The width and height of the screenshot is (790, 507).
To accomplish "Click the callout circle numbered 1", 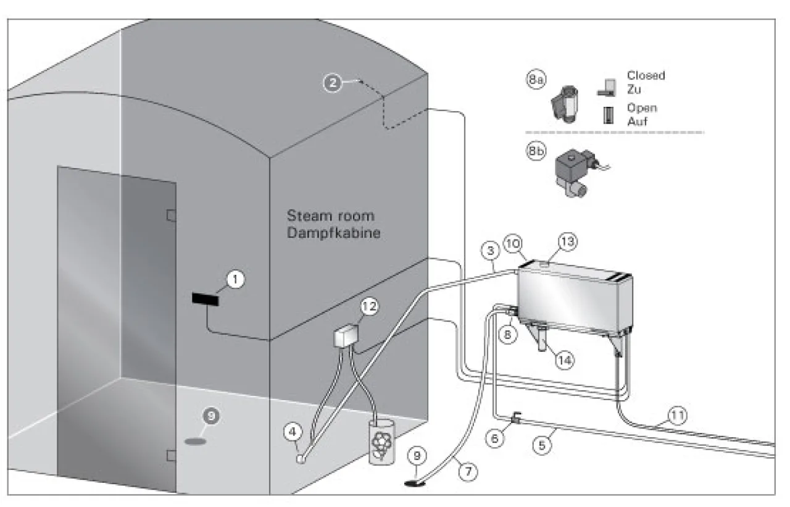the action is point(235,279).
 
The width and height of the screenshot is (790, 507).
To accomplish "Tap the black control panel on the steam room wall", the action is point(206,299).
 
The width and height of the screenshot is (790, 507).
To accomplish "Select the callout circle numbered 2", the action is point(333,83).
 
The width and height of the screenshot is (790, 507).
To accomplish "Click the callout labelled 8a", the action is point(536,80).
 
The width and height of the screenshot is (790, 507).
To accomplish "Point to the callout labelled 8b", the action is point(536,152).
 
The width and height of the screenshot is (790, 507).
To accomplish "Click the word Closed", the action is point(646,75).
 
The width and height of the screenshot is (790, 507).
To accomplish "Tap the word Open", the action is point(642,107).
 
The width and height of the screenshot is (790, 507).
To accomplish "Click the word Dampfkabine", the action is point(334,233).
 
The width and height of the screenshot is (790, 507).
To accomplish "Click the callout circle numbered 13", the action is point(567,242).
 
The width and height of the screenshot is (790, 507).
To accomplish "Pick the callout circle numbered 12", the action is point(369,306).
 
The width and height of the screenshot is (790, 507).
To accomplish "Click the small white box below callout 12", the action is point(346,335).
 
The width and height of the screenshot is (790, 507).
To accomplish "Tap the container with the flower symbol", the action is point(381,442).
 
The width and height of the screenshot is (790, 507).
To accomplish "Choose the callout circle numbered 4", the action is point(293,432).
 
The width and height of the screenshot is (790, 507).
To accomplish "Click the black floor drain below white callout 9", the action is point(415,483).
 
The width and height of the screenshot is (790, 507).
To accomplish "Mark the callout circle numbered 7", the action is point(468,471).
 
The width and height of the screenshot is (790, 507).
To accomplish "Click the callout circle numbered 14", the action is point(565,360).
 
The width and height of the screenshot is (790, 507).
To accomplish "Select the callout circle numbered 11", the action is point(677,415).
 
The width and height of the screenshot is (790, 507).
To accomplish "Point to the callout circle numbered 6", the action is point(494,438).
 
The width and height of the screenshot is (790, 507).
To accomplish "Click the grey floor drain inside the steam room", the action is point(195,442).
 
